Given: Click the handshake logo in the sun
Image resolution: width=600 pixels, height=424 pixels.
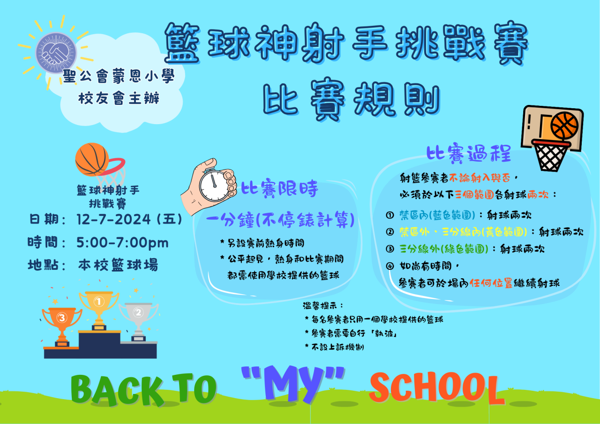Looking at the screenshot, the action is click(x=56, y=53).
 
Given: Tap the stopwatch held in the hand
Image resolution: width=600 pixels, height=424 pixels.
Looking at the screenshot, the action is click(x=214, y=185).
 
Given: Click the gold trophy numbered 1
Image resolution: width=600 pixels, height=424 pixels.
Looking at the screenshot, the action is click(x=99, y=311).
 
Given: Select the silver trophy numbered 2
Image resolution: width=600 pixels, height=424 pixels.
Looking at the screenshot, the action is click(x=138, y=322).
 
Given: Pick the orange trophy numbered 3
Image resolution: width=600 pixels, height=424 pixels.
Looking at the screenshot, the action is click(x=62, y=327).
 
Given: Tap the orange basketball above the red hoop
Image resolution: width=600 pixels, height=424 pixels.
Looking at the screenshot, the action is click(x=92, y=160).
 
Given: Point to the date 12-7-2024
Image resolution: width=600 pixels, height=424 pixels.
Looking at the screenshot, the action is click(x=113, y=219).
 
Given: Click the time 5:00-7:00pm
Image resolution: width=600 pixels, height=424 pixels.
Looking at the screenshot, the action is click(x=122, y=243).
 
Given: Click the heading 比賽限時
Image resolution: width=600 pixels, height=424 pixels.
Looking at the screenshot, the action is click(x=279, y=189).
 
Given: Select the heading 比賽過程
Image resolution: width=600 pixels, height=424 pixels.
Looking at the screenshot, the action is click(x=469, y=154).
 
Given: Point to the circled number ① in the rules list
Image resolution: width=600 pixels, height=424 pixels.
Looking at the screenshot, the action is click(x=390, y=215).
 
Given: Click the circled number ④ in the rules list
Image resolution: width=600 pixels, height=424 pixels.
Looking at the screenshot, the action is click(x=390, y=266).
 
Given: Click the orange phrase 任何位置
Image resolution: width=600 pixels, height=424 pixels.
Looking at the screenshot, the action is click(x=491, y=283).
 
